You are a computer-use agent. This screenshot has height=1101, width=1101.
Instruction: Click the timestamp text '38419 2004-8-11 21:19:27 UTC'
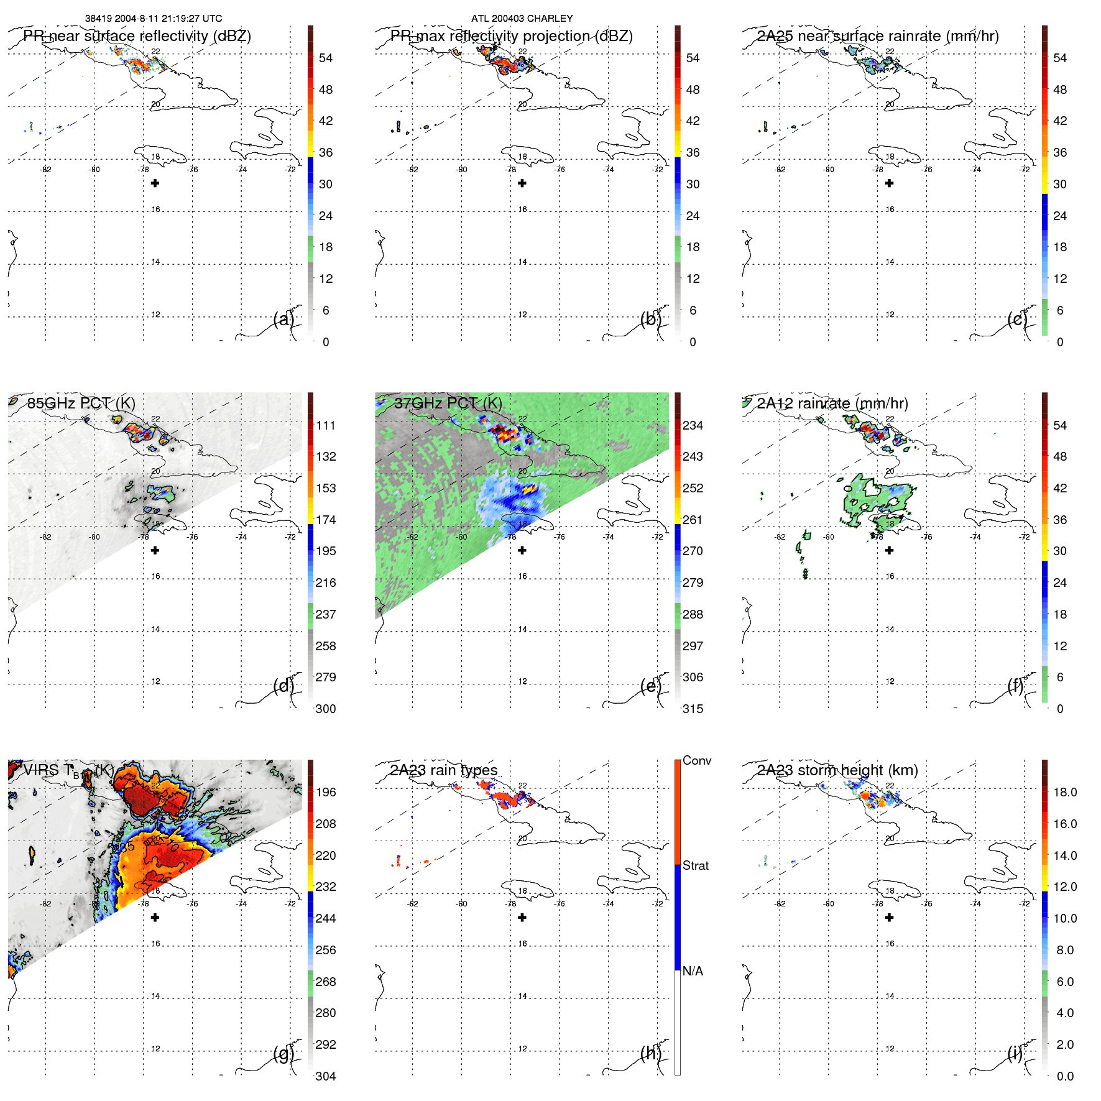[153, 19]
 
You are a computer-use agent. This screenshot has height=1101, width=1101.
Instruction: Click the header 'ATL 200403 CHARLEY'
[522, 19]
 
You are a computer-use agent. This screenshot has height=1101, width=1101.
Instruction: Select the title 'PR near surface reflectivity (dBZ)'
[137, 36]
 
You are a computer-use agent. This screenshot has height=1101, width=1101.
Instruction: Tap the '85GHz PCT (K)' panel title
[81, 403]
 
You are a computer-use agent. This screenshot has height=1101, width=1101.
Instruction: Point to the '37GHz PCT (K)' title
[448, 403]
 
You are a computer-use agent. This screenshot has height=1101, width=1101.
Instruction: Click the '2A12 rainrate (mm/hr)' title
[832, 403]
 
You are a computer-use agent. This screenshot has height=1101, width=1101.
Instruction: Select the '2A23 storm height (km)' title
[837, 770]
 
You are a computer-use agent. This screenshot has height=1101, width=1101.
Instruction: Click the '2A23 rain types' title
[443, 770]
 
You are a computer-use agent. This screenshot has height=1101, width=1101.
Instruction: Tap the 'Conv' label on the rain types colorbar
[696, 760]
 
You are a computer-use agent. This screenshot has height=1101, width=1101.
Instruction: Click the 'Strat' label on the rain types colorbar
[695, 865]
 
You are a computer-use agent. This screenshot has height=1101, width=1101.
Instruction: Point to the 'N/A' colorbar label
[693, 971]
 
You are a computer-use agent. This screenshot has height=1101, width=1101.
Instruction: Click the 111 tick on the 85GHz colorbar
[325, 425]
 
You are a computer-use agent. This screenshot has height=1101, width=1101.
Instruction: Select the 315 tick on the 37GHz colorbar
[693, 709]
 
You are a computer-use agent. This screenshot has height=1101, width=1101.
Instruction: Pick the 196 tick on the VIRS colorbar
[325, 792]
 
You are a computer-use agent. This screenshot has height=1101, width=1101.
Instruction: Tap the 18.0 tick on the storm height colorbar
[1064, 792]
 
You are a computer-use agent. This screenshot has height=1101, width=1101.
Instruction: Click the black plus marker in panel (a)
[155, 183]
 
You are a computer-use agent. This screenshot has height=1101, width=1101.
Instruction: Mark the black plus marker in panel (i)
[889, 918]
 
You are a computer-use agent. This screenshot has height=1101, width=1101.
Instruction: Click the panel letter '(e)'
[650, 686]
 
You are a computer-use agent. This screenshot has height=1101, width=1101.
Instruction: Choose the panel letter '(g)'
[283, 1053]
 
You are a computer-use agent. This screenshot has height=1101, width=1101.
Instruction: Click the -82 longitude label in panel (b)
[412, 170]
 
